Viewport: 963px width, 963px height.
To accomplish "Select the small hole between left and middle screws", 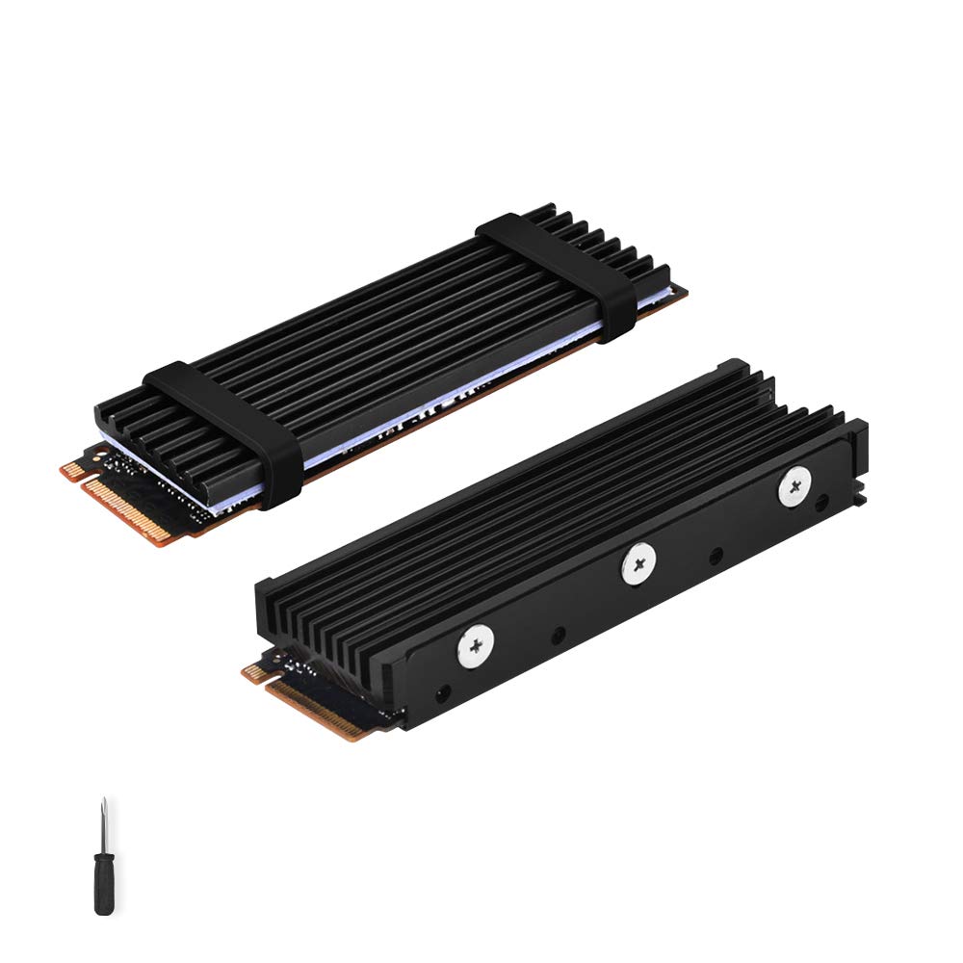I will click(x=558, y=637).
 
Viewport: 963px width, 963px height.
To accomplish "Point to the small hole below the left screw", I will click(x=443, y=691).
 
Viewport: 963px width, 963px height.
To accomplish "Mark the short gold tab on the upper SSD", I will click(x=71, y=471).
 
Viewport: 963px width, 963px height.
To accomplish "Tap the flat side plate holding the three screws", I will click(x=616, y=597).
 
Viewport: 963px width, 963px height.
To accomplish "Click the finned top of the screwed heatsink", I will click(x=539, y=501).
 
